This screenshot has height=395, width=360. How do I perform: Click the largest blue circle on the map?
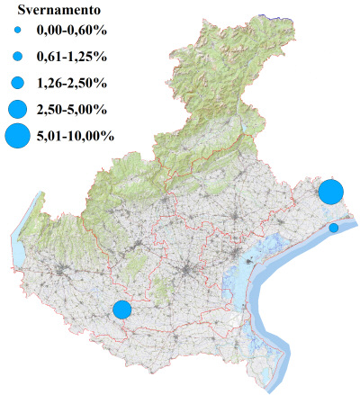click(330, 193)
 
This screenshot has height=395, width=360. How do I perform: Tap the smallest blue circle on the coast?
click(334, 228)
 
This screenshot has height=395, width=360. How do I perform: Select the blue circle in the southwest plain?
click(122, 310)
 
